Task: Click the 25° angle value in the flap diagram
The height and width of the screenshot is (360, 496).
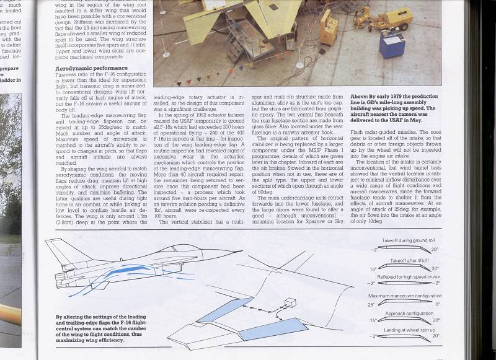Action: pos(371,305)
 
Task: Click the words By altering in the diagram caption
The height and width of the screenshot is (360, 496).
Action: pos(68,316)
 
